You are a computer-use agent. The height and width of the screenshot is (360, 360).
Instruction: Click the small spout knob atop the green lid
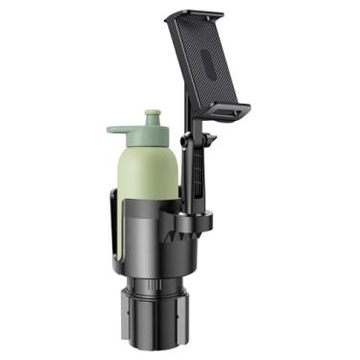(x=152, y=116)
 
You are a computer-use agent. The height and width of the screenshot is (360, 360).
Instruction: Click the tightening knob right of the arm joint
(x=210, y=140)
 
